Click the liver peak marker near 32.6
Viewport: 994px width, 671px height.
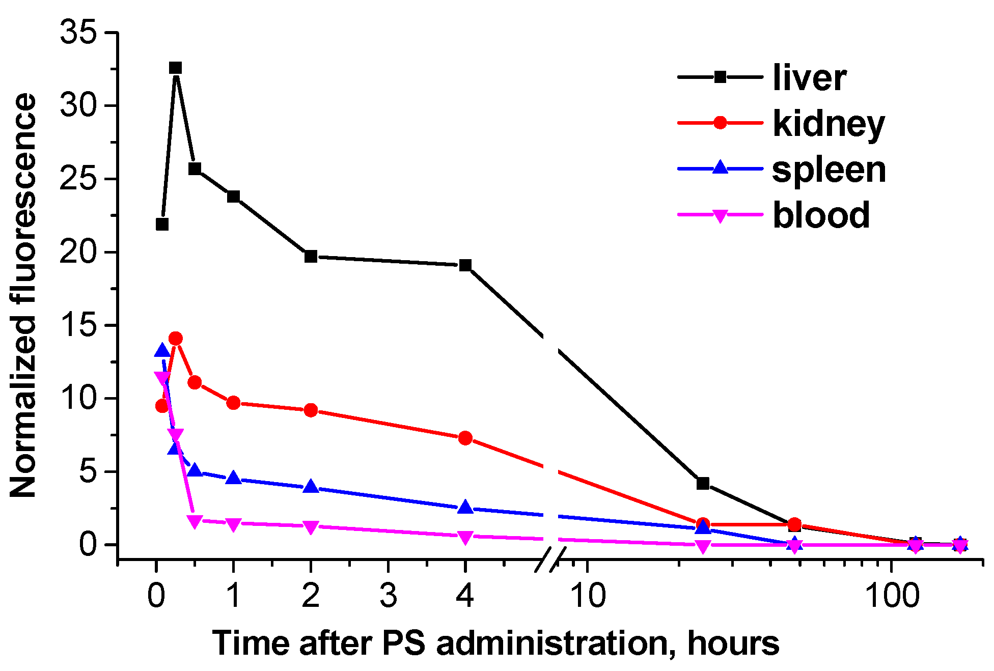[176, 68]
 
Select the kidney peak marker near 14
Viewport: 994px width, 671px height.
[176, 339]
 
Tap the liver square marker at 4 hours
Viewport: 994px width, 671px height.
[465, 265]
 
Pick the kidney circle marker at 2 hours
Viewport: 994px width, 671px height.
[311, 410]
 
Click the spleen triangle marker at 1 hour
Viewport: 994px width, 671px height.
[233, 478]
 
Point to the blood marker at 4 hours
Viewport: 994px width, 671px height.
[465, 537]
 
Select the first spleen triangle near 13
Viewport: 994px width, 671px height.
[162, 350]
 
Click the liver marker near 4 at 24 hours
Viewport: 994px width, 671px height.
[703, 483]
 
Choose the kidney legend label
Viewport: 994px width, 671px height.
[829, 124]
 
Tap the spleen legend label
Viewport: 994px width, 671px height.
[829, 170]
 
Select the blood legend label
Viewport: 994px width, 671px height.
[821, 215]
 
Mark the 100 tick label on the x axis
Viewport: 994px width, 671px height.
[892, 596]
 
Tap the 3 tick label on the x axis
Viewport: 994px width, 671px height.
[388, 596]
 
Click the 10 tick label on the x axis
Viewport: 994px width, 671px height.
[588, 596]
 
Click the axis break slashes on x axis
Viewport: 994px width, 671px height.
[550, 560]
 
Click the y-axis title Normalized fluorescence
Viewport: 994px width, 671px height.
[23, 295]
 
